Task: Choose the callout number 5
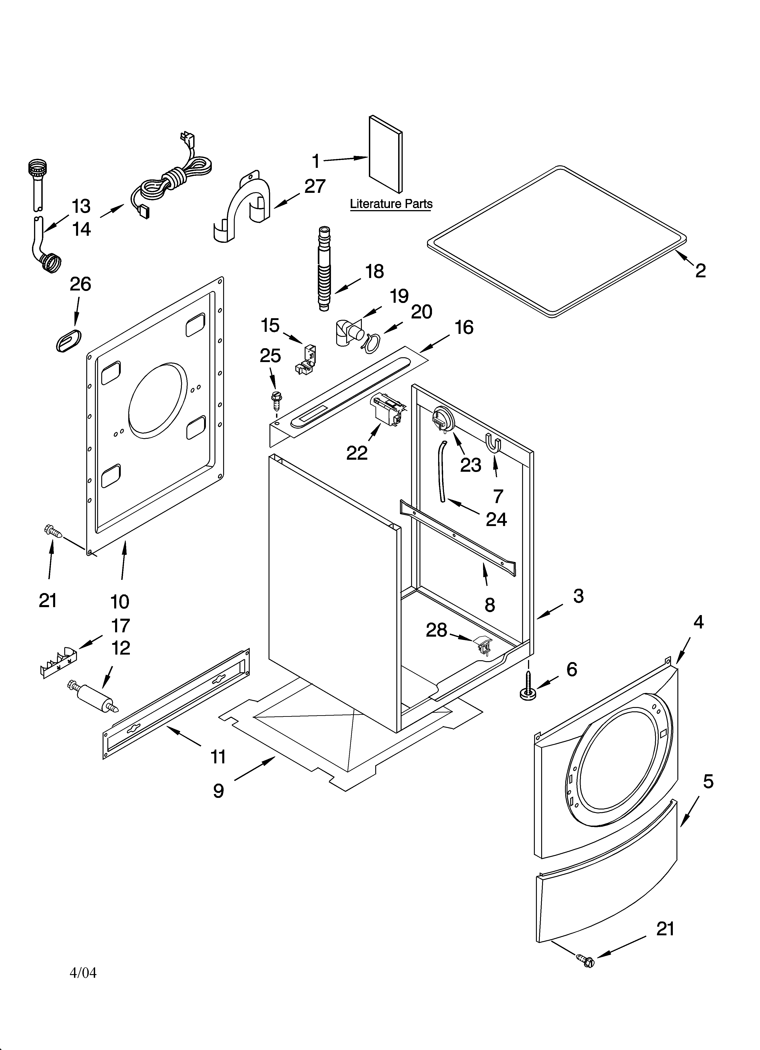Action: (x=708, y=782)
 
